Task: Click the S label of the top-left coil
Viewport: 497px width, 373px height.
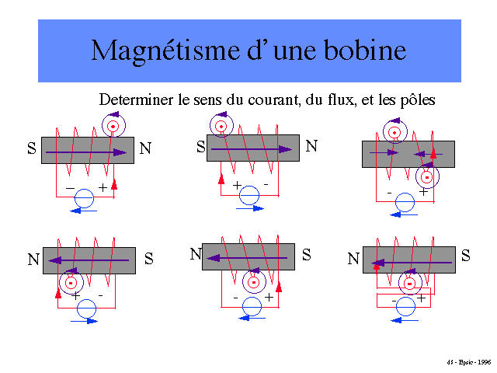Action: [31, 148]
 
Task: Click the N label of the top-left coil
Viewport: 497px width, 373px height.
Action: [144, 148]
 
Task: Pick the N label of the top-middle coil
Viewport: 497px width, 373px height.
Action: [311, 145]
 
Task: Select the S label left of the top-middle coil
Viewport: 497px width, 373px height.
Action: [200, 146]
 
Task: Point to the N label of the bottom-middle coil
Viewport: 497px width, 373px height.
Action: [196, 254]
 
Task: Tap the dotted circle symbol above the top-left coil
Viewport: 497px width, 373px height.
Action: [113, 124]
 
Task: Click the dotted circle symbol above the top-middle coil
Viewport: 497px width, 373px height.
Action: [221, 125]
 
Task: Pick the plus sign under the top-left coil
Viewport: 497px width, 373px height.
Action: [103, 188]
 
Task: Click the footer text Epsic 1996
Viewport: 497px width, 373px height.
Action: [471, 362]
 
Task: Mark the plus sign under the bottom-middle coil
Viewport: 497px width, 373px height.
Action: [269, 298]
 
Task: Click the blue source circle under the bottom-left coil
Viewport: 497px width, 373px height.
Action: [86, 309]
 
